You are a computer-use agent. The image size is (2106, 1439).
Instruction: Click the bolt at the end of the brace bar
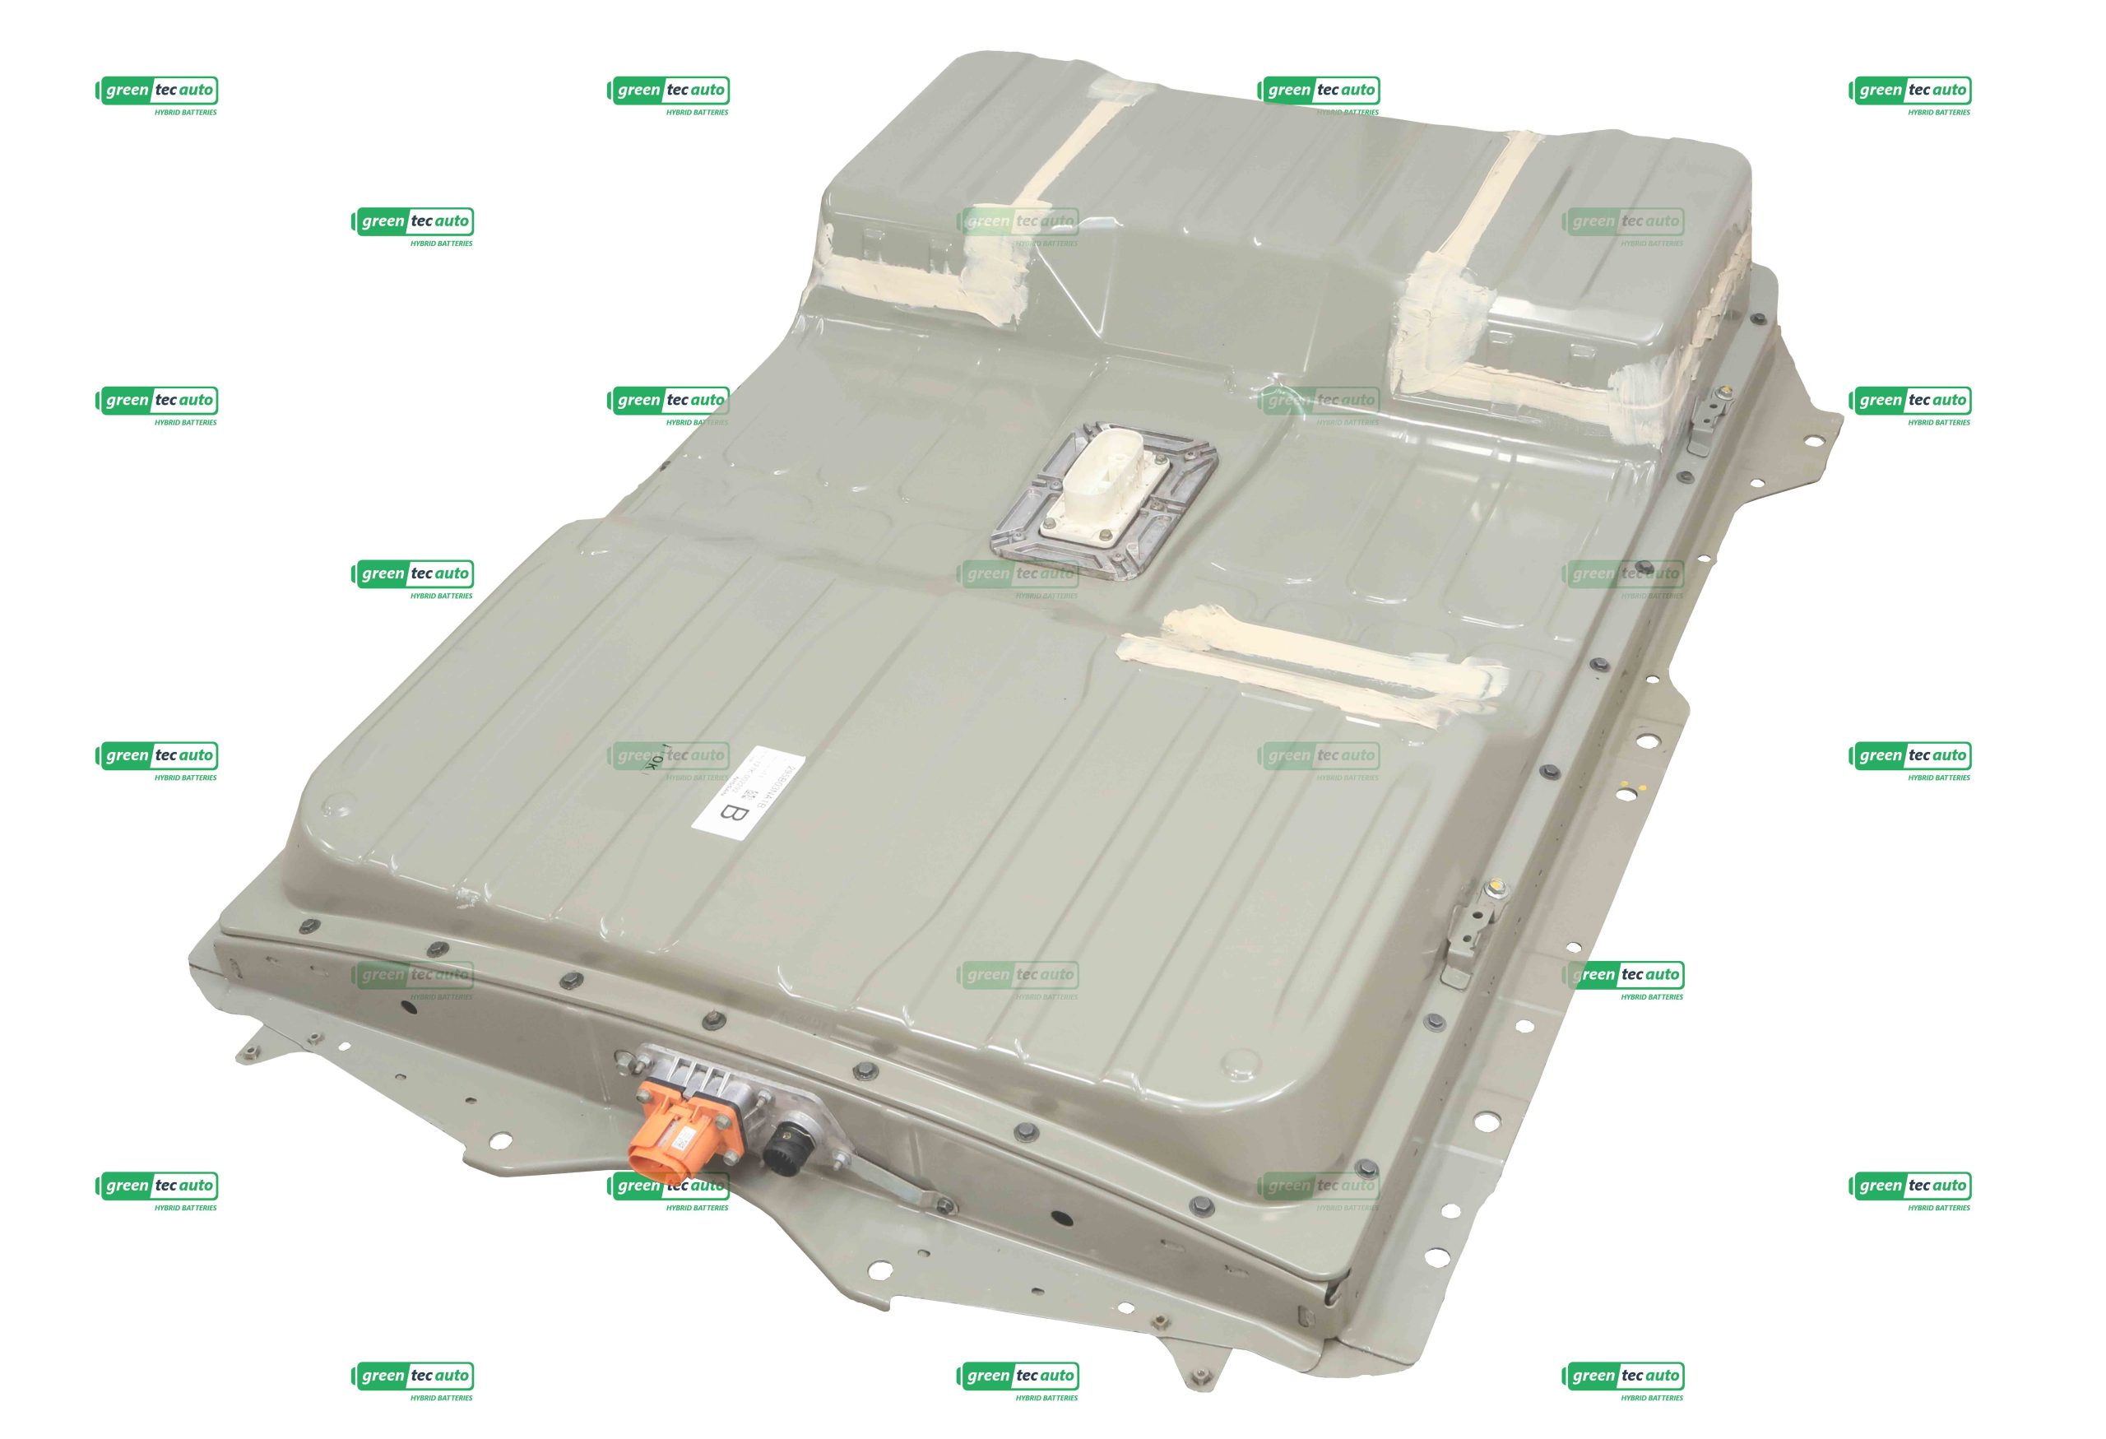click(x=945, y=1205)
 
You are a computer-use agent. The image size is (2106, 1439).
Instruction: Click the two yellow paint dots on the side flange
click(x=1628, y=789)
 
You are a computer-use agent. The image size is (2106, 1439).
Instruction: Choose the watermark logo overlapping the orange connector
click(x=668, y=1186)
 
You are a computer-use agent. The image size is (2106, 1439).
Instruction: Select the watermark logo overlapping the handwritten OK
click(x=668, y=757)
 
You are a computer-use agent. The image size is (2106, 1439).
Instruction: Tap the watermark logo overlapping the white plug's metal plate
click(x=1018, y=574)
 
